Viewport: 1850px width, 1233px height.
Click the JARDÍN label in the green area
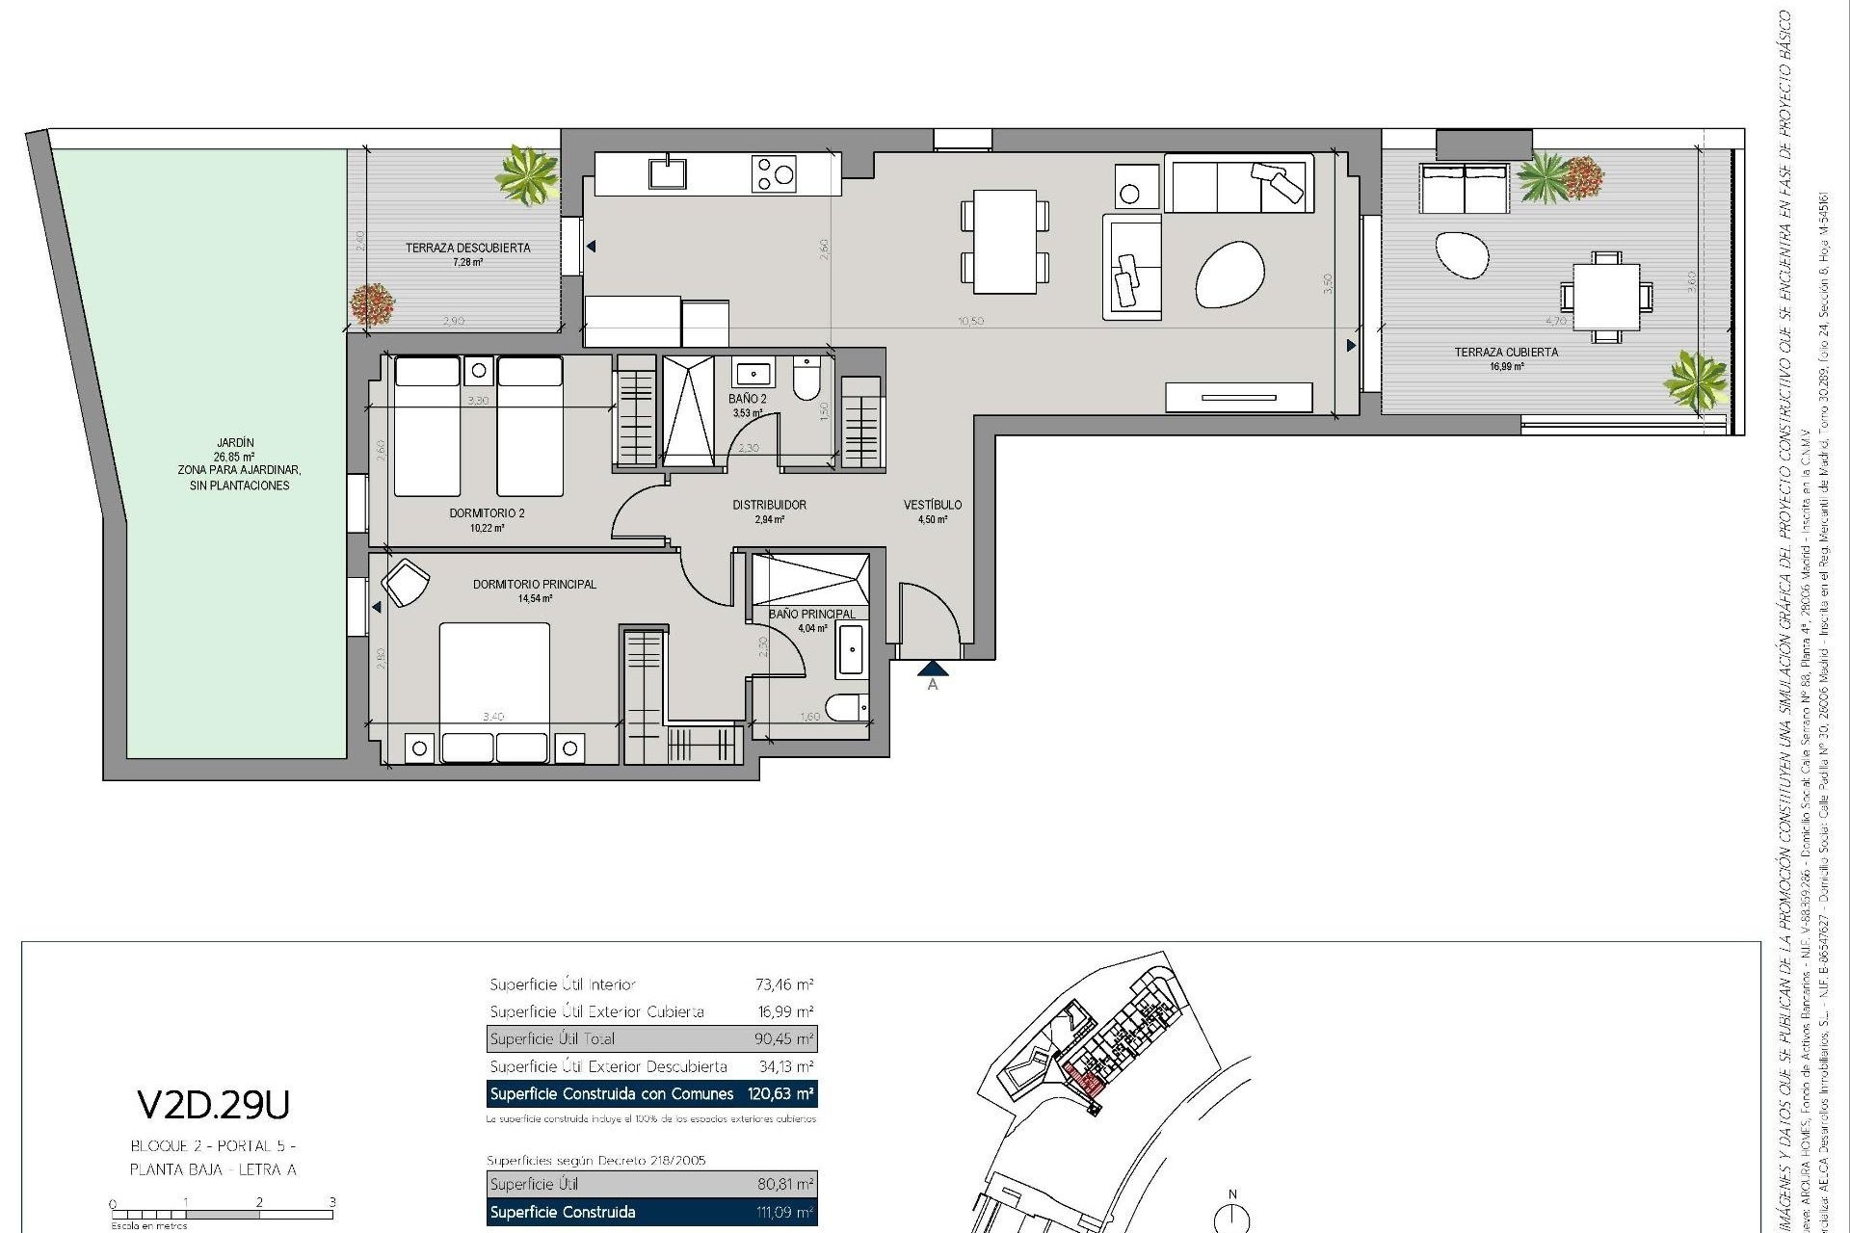[235, 443]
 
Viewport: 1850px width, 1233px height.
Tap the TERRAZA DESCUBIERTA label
[467, 248]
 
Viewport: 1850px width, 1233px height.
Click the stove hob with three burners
[775, 174]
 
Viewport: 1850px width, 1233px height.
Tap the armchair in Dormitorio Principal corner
[406, 583]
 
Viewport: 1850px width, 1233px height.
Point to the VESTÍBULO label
[932, 505]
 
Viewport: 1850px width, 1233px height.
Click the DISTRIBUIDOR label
[769, 505]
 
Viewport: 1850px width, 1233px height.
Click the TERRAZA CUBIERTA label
[1505, 353]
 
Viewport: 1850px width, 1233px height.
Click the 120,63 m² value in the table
[778, 1094]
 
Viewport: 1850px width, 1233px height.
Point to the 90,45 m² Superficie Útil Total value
[783, 1039]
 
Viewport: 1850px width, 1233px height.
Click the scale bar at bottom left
[222, 1215]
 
